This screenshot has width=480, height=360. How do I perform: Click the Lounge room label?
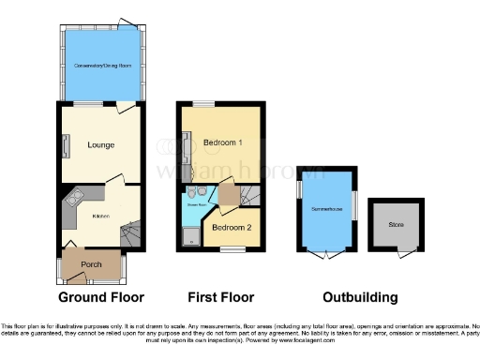coord(100,145)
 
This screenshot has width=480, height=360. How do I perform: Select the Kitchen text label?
coord(100,217)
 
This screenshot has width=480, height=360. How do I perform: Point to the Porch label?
coord(92,264)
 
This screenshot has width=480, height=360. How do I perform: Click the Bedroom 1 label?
coord(226,142)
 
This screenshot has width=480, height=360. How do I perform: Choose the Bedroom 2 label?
coord(230,227)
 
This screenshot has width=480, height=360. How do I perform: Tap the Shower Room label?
coord(195,202)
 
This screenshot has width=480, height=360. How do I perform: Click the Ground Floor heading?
coord(101,297)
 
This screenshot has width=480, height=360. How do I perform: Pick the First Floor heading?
coord(222,297)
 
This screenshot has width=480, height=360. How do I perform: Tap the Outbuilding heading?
coord(360,297)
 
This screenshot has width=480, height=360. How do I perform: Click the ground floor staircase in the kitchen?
coord(134,232)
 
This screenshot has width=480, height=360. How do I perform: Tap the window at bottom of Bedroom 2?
coord(228,248)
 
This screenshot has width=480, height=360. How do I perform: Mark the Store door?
coord(404,253)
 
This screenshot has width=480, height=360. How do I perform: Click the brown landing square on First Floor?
coord(226,196)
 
